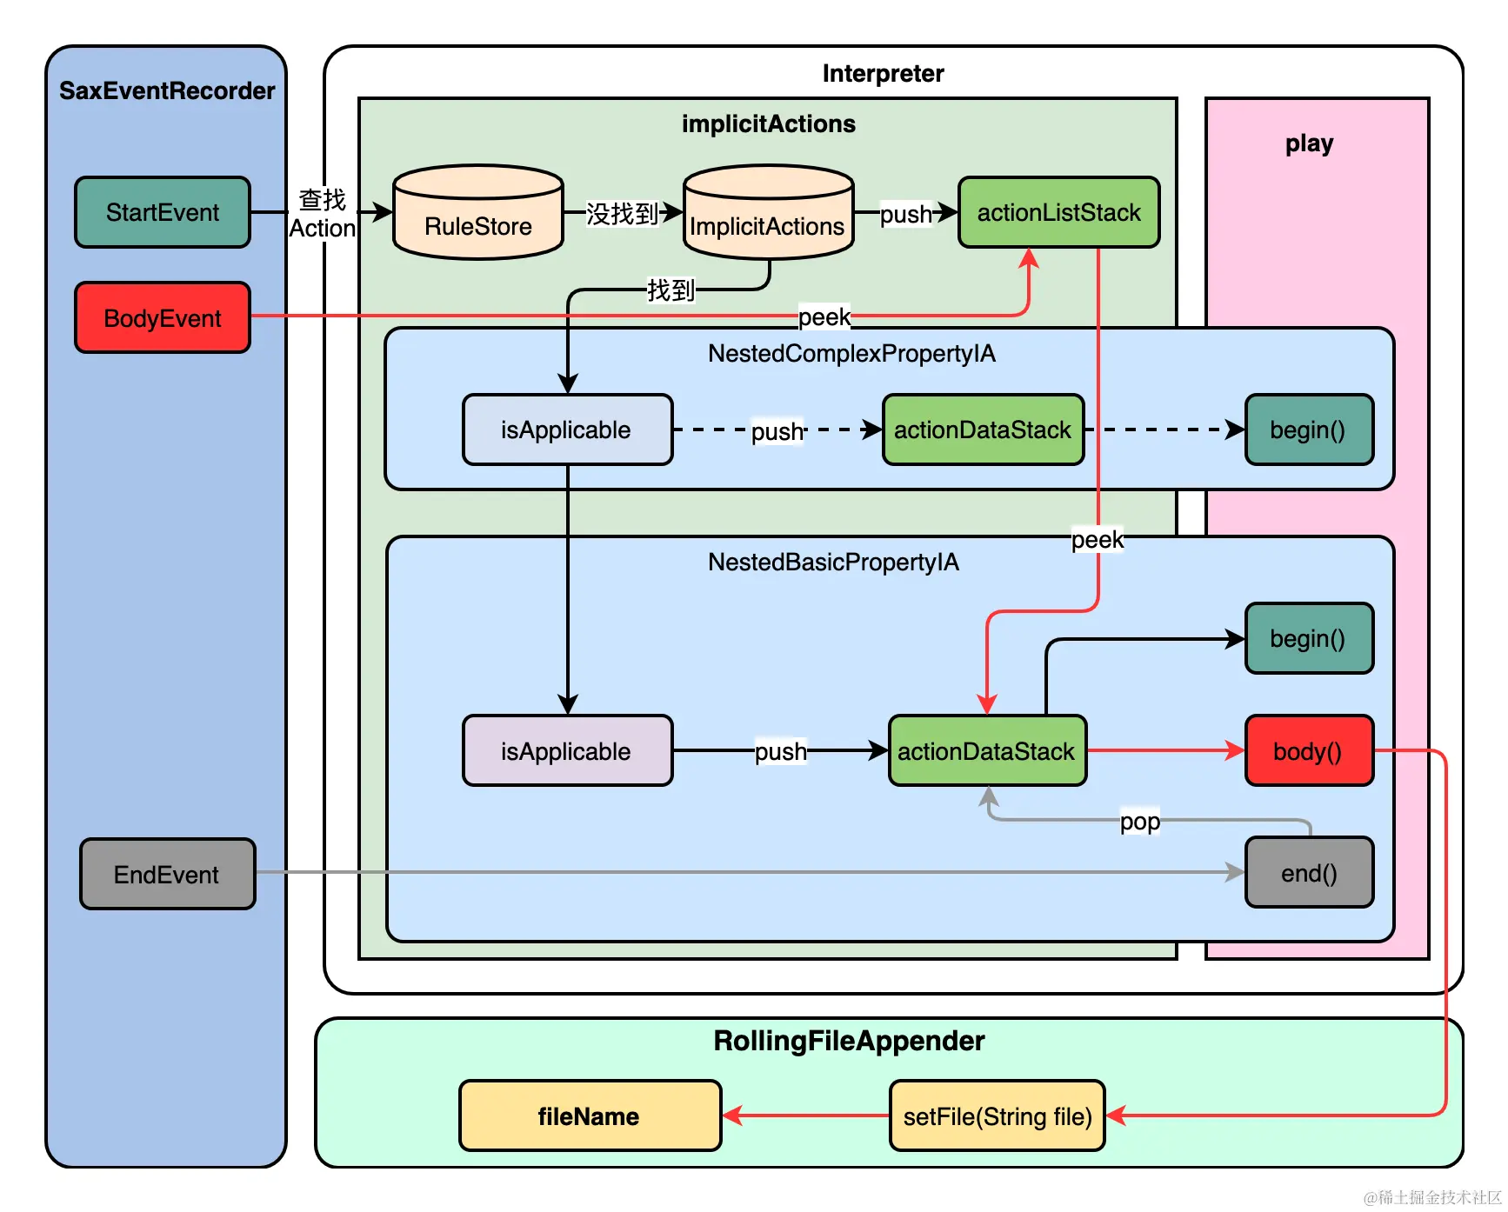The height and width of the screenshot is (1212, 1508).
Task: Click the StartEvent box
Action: [163, 212]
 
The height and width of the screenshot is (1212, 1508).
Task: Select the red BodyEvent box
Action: [163, 317]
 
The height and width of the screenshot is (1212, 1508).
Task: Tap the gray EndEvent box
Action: [168, 874]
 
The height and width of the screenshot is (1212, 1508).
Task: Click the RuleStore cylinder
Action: [478, 212]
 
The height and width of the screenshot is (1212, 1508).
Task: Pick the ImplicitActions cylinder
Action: [768, 212]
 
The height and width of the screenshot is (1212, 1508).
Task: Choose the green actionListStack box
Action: [1059, 212]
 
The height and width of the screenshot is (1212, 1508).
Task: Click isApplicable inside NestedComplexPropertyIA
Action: [567, 430]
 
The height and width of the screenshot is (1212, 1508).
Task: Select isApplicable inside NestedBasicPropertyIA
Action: [567, 750]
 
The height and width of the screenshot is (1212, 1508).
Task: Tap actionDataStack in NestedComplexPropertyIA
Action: [984, 430]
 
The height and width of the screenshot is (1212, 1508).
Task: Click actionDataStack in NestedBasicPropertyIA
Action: [987, 750]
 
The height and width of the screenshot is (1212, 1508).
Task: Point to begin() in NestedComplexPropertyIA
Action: [1309, 430]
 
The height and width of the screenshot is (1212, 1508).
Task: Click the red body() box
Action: [1309, 750]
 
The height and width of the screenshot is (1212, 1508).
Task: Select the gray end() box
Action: [1309, 872]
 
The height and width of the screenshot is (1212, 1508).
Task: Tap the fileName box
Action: [590, 1115]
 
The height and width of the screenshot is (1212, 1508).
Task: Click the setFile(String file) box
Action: [998, 1115]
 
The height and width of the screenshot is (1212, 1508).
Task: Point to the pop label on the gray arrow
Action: [1140, 821]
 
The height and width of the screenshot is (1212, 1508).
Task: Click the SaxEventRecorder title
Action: [167, 90]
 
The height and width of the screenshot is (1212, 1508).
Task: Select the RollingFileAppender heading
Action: [849, 1041]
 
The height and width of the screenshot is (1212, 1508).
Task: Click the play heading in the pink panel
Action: [1309, 143]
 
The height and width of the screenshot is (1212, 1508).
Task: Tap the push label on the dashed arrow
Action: [777, 431]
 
